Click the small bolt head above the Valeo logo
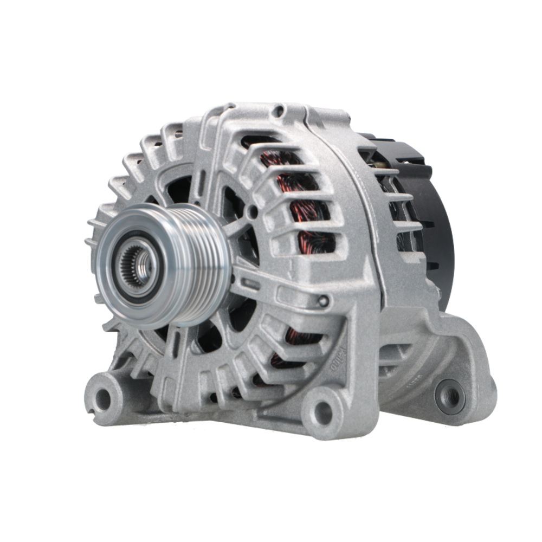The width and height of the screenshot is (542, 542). click(x=324, y=301)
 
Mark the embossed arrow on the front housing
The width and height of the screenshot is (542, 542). click(x=293, y=266)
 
